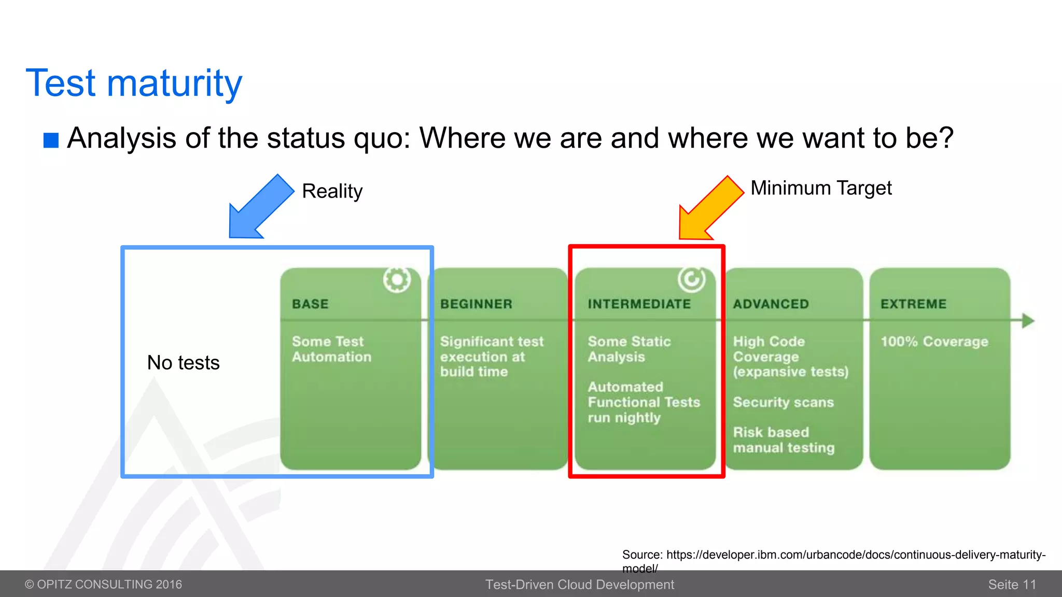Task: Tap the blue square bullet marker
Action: (51, 140)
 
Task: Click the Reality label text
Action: (332, 191)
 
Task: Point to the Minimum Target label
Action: (821, 188)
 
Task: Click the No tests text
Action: (183, 363)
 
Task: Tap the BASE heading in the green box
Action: (310, 304)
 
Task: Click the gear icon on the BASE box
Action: (397, 280)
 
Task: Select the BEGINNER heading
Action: (476, 304)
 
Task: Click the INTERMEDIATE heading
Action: (639, 304)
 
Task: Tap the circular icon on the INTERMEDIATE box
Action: (691, 280)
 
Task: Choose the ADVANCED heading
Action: (771, 304)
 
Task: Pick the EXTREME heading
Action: (913, 304)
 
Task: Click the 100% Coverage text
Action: (934, 342)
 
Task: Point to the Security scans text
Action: (783, 402)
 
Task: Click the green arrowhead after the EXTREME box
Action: (1028, 321)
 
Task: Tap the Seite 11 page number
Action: (1012, 585)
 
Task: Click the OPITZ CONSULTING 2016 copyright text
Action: (104, 585)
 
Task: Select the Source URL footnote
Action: (833, 556)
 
